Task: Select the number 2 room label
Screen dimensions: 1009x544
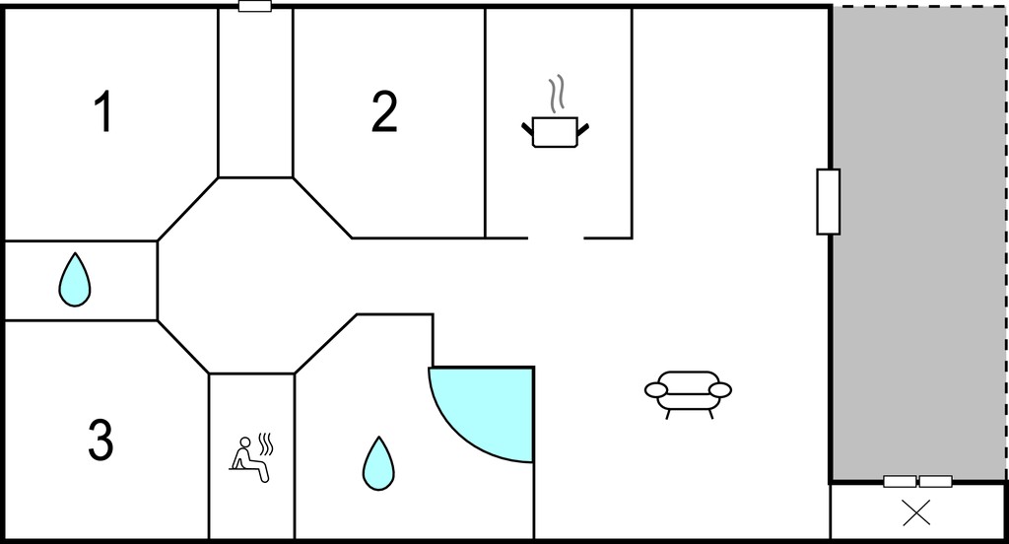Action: point(384,112)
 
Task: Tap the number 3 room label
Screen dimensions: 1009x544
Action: point(101,440)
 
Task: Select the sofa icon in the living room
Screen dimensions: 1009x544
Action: point(688,394)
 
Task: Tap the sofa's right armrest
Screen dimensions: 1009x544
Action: point(720,389)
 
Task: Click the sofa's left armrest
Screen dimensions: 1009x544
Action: point(656,389)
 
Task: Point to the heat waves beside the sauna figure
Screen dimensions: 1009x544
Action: point(266,444)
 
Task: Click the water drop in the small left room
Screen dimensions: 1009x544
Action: point(75,280)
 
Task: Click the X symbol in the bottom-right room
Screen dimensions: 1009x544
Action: point(916,513)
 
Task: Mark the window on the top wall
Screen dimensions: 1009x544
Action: point(255,7)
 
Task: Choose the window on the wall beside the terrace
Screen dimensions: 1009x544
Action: point(828,201)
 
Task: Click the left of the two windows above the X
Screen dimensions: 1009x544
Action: point(900,482)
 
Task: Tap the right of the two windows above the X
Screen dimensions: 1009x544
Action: point(936,482)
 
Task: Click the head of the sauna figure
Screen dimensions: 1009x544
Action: point(244,442)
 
